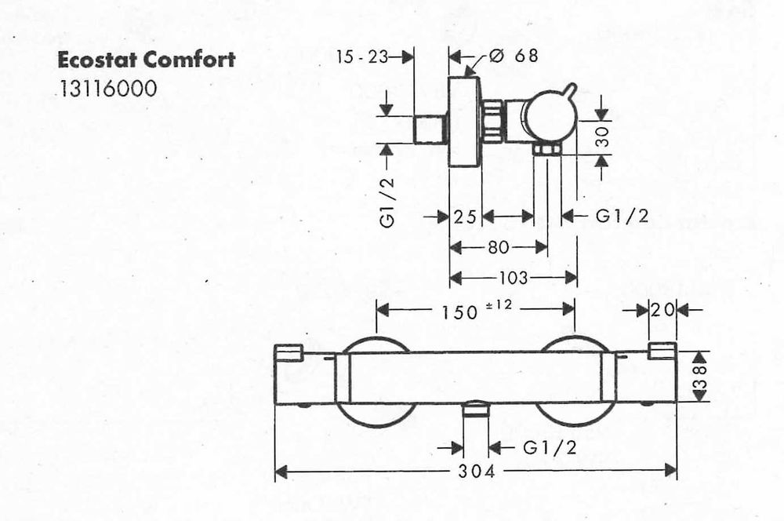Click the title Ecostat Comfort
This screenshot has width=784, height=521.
147,60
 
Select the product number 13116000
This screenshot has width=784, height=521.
108,89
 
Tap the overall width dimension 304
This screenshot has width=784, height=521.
477,471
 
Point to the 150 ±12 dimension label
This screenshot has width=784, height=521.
477,310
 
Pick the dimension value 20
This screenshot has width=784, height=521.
662,310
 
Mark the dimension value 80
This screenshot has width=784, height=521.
498,246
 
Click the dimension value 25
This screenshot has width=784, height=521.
465,217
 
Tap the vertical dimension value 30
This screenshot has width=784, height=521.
604,136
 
